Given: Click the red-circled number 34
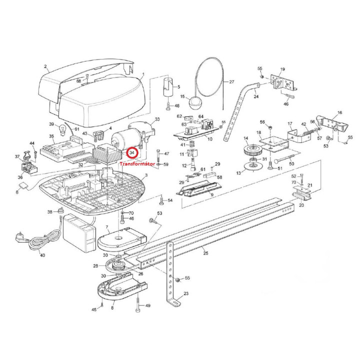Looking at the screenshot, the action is click(x=132, y=152).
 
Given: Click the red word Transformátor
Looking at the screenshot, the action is click(x=137, y=164).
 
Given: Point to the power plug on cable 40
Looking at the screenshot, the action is click(x=19, y=237).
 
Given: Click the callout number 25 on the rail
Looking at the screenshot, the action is click(x=205, y=253).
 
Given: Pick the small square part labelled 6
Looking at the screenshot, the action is click(x=23, y=186).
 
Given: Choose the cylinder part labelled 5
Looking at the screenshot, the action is click(x=169, y=87).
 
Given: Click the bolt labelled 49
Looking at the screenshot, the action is click(x=138, y=305).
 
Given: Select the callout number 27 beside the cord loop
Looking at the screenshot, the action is click(x=231, y=81).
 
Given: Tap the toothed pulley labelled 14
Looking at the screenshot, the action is click(x=252, y=150).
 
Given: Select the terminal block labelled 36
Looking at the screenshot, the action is click(x=29, y=167).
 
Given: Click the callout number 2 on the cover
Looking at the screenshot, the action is click(x=45, y=66).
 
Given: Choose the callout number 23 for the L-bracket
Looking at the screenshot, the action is click(x=186, y=293).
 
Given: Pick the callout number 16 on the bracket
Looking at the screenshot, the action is click(x=339, y=112).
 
